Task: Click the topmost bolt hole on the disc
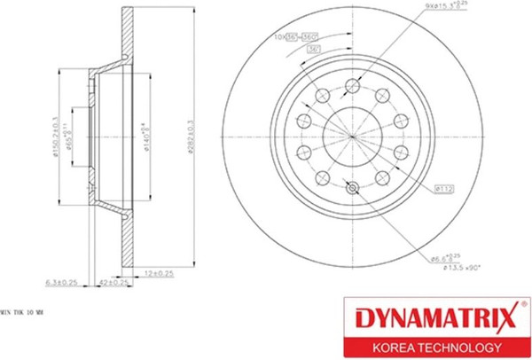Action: coord(353,85)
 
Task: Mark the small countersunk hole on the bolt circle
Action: coord(353,186)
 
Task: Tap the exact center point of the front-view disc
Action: coord(353,136)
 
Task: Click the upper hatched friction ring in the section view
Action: coord(124,35)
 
